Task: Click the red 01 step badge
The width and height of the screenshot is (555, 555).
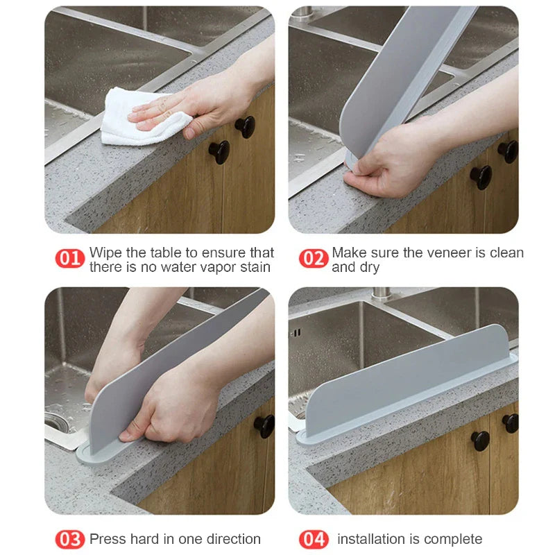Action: tap(69, 259)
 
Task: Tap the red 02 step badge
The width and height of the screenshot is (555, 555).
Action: tap(313, 259)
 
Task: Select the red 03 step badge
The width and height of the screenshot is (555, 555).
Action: tap(69, 539)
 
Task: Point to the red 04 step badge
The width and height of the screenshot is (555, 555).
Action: tap(313, 539)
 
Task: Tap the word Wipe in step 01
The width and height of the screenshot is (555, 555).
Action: tap(105, 253)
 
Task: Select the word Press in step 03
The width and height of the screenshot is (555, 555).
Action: tap(108, 539)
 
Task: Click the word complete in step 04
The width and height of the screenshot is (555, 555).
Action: tap(452, 539)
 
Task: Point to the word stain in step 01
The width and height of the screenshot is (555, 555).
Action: tap(253, 267)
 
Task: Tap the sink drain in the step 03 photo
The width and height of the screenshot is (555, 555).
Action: tap(57, 421)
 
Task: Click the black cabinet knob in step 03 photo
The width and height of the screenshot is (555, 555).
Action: tap(264, 425)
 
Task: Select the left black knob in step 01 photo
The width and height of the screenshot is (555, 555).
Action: tap(219, 151)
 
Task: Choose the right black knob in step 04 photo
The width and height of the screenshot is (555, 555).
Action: tap(510, 422)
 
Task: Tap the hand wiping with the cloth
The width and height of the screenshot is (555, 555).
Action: tap(187, 104)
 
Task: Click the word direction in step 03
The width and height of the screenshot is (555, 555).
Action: tap(229, 539)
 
